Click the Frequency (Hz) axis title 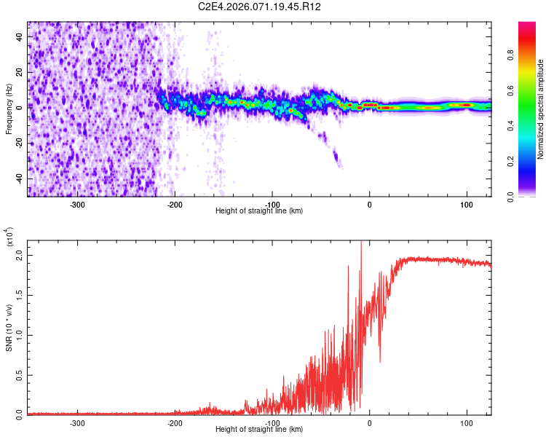(9, 109)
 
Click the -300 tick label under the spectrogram (77, 204)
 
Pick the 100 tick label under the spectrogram (466, 204)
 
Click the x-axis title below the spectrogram (259, 211)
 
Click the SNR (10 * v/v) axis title (9, 327)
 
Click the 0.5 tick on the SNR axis (20, 374)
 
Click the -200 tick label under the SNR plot (174, 422)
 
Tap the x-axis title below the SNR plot (259, 430)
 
